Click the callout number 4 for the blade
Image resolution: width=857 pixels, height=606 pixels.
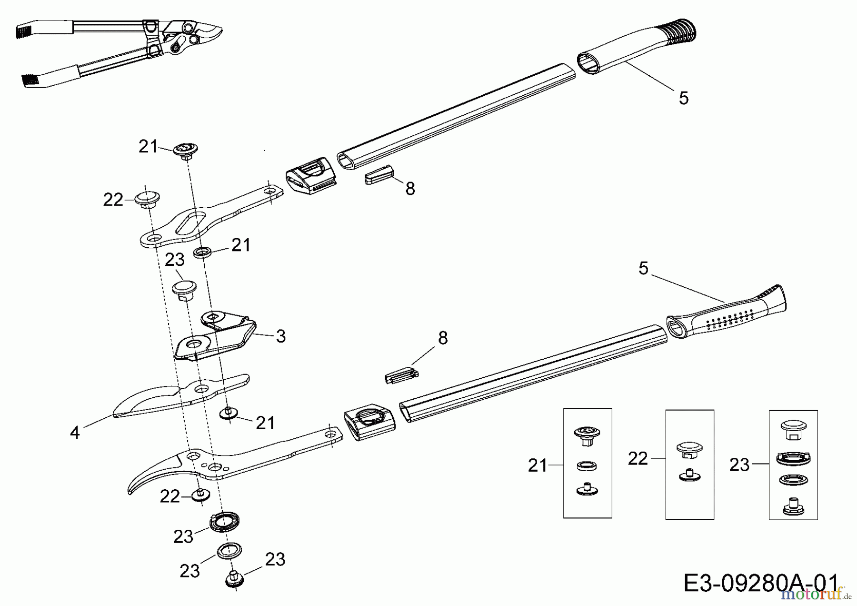[75, 432]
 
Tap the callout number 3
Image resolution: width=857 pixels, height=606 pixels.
[281, 336]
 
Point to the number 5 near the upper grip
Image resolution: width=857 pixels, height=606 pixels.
[683, 98]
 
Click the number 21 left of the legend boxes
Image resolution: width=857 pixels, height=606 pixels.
[538, 465]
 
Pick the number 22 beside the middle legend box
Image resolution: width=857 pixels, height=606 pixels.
[638, 458]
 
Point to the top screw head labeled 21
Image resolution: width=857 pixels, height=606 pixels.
[185, 149]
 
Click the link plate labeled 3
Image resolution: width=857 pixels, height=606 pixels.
[214, 338]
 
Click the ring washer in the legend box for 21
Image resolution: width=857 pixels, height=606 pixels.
[587, 465]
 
